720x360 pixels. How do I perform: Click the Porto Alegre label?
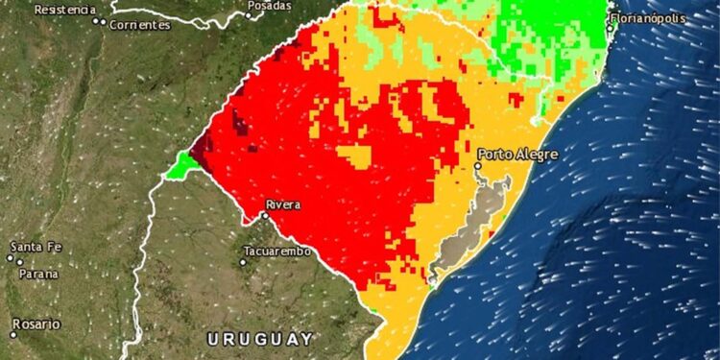pyautogui.click(x=518, y=154)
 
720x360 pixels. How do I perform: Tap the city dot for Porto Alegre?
pyautogui.click(x=478, y=166)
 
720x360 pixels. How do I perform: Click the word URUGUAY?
pyautogui.click(x=260, y=339)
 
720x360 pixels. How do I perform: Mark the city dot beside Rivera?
pyautogui.click(x=266, y=215)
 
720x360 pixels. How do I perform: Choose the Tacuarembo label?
pyautogui.click(x=279, y=252)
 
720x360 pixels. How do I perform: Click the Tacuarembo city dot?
pyautogui.click(x=244, y=260)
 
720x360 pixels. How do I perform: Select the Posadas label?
pyautogui.click(x=270, y=6)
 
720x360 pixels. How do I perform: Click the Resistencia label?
pyautogui.click(x=65, y=9)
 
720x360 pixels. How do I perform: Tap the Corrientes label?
pyautogui.click(x=139, y=24)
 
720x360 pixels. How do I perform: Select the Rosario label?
pyautogui.click(x=36, y=324)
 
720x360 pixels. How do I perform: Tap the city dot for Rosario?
pyautogui.click(x=13, y=334)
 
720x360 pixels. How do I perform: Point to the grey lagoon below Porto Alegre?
pyautogui.click(x=466, y=226)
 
